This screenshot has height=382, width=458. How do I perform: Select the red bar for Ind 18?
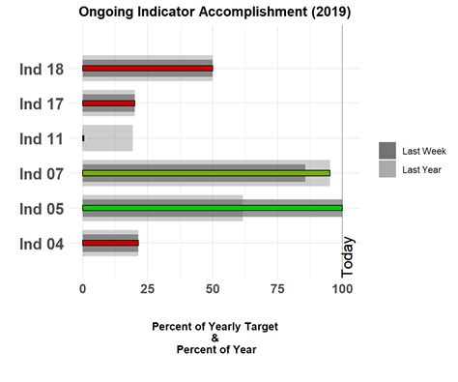click(147, 69)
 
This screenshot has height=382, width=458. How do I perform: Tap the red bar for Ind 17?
click(108, 103)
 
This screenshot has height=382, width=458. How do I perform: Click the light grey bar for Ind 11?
click(108, 138)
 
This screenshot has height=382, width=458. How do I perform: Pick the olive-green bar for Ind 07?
click(206, 173)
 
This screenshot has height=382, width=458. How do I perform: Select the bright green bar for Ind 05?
click(212, 208)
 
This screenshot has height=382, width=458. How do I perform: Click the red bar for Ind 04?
click(110, 243)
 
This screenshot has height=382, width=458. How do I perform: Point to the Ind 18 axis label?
click(42, 69)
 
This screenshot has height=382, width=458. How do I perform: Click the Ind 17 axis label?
click(42, 103)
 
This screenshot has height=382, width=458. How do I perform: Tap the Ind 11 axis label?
click(42, 138)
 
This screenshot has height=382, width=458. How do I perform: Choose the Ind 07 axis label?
click(42, 174)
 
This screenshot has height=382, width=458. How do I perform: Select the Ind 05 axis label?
click(42, 209)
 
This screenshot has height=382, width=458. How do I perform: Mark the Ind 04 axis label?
click(42, 244)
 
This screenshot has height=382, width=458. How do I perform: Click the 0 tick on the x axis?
click(83, 288)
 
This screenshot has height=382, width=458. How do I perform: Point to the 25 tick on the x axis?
click(147, 288)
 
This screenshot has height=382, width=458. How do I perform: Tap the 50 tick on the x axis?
click(212, 288)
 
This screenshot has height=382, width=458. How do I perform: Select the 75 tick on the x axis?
click(276, 288)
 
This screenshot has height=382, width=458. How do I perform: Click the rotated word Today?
click(349, 256)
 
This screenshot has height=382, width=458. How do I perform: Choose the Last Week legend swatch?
click(387, 150)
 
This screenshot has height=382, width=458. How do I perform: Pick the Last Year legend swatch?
click(387, 169)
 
